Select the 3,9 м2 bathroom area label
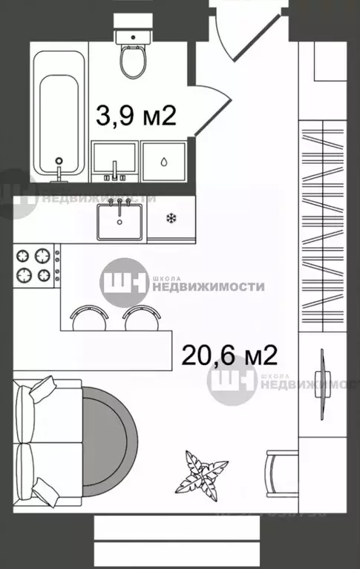pos(137,116)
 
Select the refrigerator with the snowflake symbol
pos(171,220)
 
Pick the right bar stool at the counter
pos(141,317)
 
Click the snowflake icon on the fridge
pos(171,218)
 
